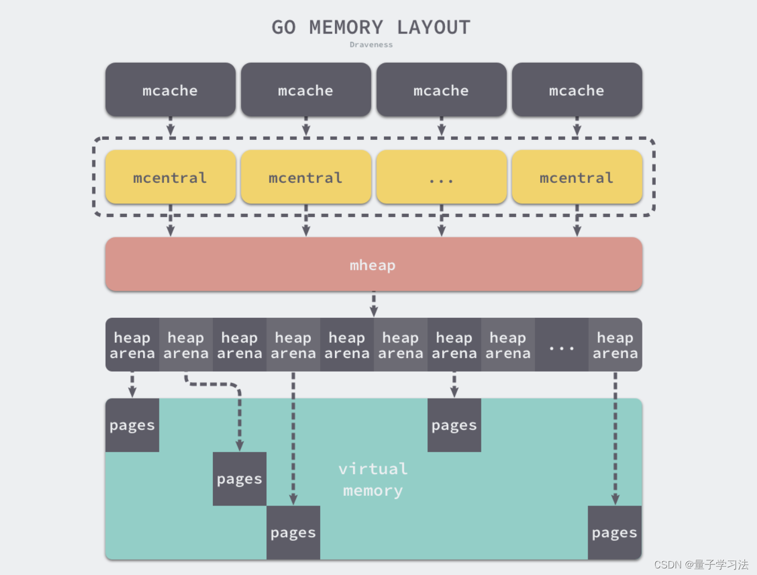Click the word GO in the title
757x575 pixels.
pyautogui.click(x=284, y=28)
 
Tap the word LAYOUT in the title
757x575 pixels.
pyautogui.click(x=434, y=28)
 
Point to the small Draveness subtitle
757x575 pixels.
pyautogui.click(x=371, y=45)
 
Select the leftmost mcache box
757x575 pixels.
pyautogui.click(x=171, y=90)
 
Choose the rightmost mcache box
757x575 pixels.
pyautogui.click(x=577, y=90)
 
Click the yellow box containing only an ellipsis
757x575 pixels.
pyautogui.click(x=441, y=177)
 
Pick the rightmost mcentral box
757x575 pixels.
pyautogui.click(x=577, y=177)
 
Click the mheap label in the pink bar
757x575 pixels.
pyautogui.click(x=373, y=265)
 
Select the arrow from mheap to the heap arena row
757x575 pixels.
pyautogui.click(x=374, y=304)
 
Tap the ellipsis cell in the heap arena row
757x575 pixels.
pyautogui.click(x=561, y=345)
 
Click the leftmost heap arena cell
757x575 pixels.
pyautogui.click(x=132, y=345)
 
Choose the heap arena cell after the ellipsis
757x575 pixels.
pyautogui.click(x=615, y=345)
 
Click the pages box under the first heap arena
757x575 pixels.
pyautogui.click(x=132, y=425)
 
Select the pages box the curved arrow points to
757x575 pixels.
pyautogui.click(x=239, y=479)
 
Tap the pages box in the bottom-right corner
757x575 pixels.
pyautogui.click(x=615, y=533)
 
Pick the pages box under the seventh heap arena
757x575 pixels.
pyautogui.click(x=454, y=425)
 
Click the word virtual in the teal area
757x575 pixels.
pyautogui.click(x=373, y=469)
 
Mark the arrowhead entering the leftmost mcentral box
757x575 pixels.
pyautogui.click(x=171, y=131)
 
